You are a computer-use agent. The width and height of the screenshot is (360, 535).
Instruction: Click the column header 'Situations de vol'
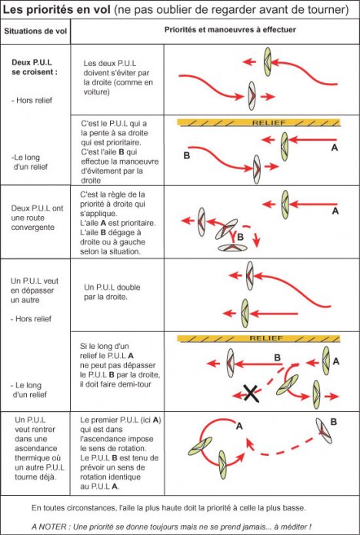(35, 31)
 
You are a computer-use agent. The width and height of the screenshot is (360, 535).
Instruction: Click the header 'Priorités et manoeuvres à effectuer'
(230, 30)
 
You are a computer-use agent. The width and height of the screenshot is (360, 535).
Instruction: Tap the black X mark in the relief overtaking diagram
(251, 393)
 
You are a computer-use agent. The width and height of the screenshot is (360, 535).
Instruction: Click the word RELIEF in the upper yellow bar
(268, 122)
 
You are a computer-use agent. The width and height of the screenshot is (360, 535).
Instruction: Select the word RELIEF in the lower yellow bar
(266, 338)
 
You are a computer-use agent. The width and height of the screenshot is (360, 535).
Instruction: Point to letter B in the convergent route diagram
(240, 237)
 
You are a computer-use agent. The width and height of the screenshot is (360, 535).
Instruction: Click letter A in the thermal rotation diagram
(239, 426)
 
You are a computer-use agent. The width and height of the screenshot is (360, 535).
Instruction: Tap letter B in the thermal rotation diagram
(334, 422)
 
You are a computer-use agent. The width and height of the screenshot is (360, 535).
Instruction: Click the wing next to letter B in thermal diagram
(324, 430)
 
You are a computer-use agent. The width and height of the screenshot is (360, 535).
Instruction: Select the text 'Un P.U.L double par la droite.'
(112, 292)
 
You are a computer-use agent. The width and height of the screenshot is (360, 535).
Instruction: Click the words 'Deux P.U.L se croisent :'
(35, 67)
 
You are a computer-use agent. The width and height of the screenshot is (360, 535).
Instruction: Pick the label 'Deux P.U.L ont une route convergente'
(37, 218)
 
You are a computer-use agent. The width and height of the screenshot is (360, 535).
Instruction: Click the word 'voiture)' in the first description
(97, 91)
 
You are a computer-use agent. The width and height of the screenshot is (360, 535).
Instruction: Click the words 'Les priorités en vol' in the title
(56, 9)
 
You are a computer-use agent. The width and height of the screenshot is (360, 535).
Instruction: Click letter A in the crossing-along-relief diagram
(335, 148)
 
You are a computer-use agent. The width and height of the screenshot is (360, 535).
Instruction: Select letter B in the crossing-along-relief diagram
(186, 155)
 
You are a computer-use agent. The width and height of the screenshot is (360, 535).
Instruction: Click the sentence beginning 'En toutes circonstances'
(168, 507)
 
